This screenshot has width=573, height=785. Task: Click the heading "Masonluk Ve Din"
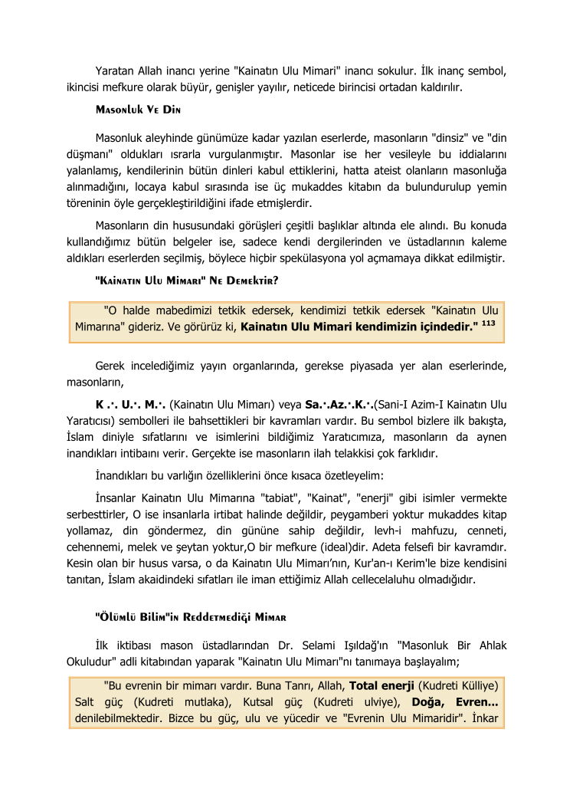tap(137, 110)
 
